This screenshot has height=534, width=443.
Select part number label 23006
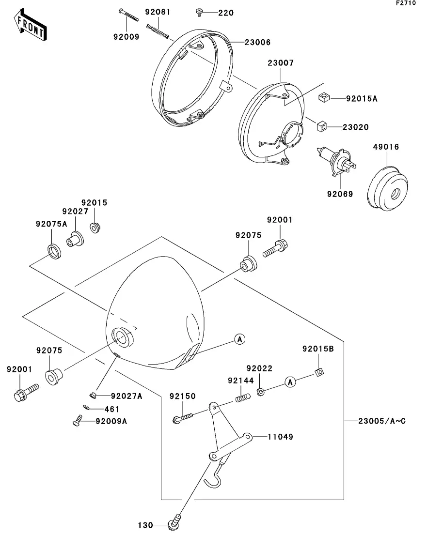point(257,43)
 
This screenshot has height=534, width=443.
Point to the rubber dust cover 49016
point(387,188)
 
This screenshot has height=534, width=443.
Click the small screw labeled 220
point(199,13)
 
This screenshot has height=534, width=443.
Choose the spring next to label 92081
point(158,31)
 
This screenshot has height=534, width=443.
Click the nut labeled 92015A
point(324,97)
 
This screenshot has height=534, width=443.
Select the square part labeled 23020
point(322,126)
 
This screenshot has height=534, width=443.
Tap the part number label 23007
point(280,63)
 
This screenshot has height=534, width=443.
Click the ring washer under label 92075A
point(55,251)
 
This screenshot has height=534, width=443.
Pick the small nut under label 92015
point(95,228)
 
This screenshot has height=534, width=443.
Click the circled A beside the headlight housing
point(240,339)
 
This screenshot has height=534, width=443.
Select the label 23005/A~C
point(382,421)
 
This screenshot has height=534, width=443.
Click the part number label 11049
point(280,437)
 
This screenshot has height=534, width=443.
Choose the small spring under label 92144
point(243,397)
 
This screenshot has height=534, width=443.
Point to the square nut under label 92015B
point(319,372)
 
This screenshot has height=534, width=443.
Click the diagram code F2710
point(406,3)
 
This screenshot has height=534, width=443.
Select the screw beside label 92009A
point(78,420)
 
